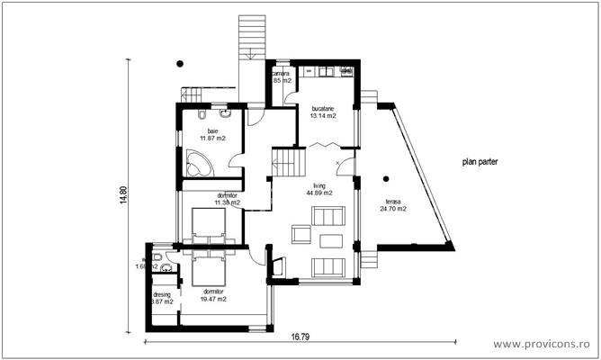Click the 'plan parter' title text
pyautogui.click(x=480, y=163)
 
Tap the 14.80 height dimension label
pyautogui.click(x=125, y=196)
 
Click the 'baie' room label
pyautogui.click(x=212, y=130)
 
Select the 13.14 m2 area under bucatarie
pyautogui.click(x=323, y=116)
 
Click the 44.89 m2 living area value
pyautogui.click(x=318, y=193)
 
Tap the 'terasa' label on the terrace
pyautogui.click(x=393, y=202)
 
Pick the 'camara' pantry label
pyautogui.click(x=282, y=73)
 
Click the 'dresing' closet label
pyautogui.click(x=162, y=294)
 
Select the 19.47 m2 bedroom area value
pyautogui.click(x=214, y=300)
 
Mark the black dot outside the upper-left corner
pyautogui.click(x=180, y=63)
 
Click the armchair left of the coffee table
pyautogui.click(x=300, y=235)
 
